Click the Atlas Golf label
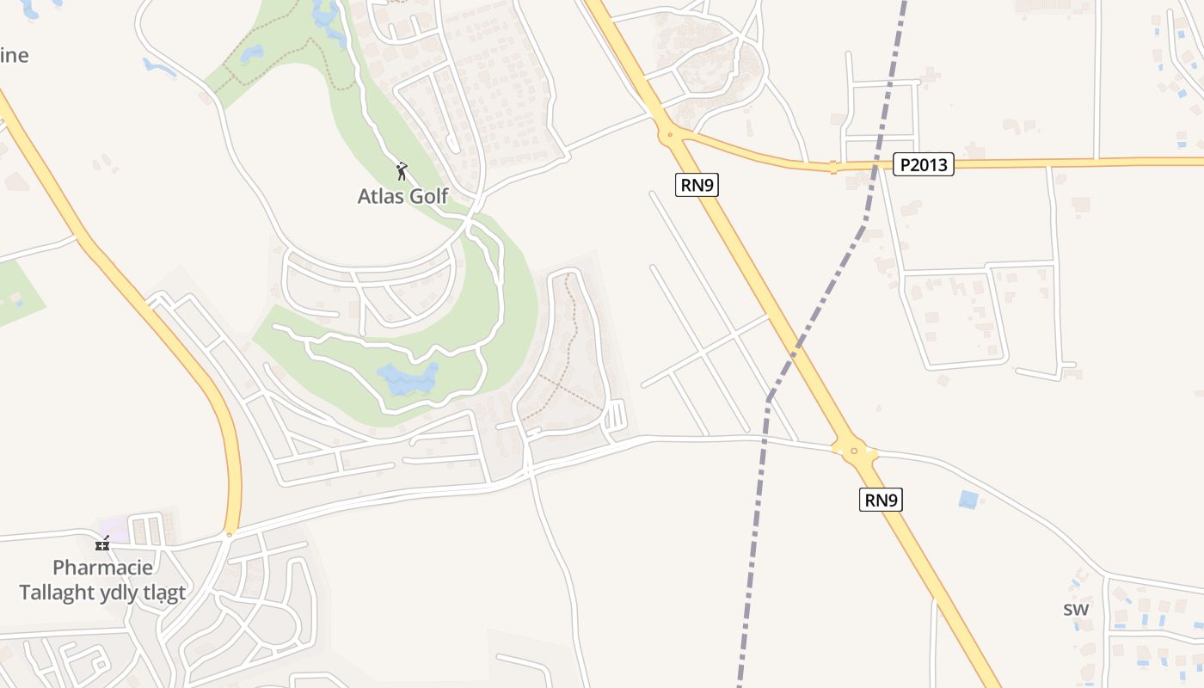point(402,196)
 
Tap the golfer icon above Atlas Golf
point(401,171)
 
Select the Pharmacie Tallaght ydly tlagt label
point(102,580)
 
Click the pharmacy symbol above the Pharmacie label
point(102,544)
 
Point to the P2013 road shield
point(923,164)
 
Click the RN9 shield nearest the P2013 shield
point(696,184)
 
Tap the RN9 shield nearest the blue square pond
point(881,500)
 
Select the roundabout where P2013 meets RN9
point(668,133)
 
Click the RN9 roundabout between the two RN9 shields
point(853,450)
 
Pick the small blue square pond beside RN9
point(968,499)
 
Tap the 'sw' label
point(1076,609)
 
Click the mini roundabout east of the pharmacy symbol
point(229,535)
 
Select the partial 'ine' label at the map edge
point(14,56)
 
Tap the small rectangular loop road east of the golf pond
point(617,415)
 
